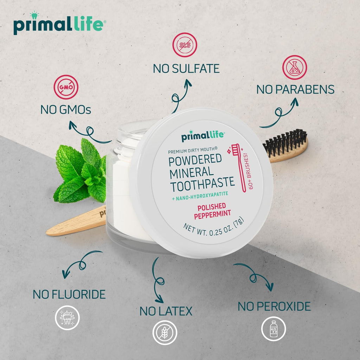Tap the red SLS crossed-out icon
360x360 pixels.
coord(185,45)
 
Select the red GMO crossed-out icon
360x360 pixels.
coord(66,87)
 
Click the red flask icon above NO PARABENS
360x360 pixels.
coord(295,67)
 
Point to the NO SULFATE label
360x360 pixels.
coord(186,68)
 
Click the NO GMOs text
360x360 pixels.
coord(65,110)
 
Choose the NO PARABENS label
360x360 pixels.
coord(295,89)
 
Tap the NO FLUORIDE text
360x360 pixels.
coord(69,294)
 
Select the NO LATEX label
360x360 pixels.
coord(166,311)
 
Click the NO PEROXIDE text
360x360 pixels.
coord(274,306)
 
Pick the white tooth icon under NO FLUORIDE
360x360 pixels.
coord(67,318)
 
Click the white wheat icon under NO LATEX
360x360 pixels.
coord(165,333)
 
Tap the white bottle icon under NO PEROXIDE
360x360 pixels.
coord(273,328)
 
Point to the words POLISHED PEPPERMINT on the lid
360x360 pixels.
coord(210,210)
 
